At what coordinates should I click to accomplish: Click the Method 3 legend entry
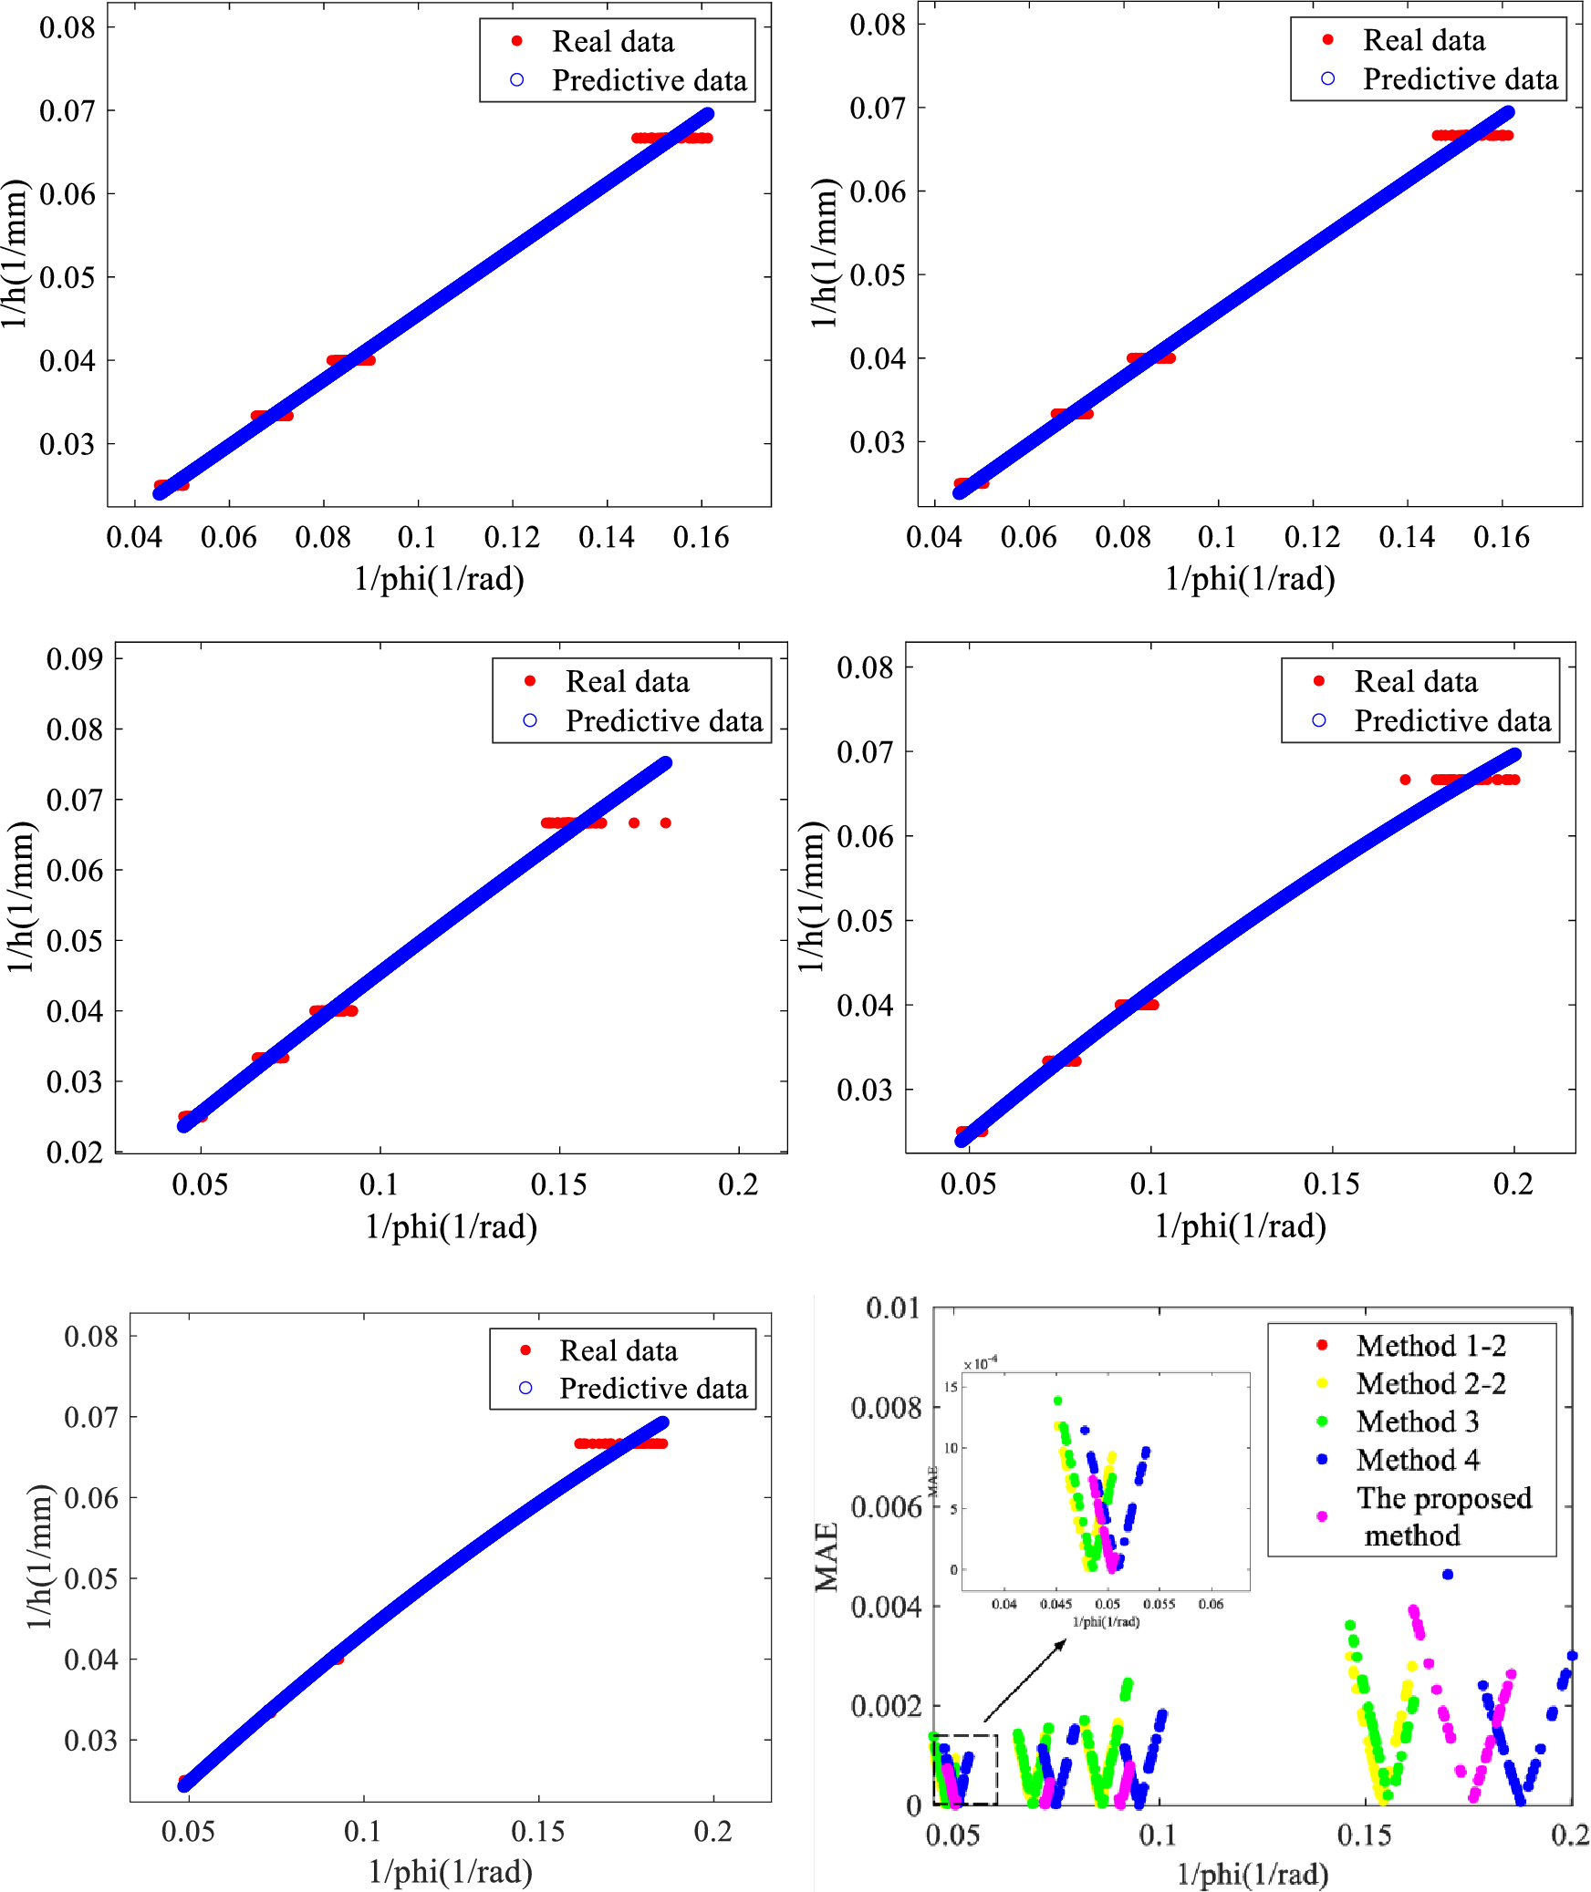pyautogui.click(x=1417, y=1422)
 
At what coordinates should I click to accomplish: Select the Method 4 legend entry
pyautogui.click(x=1417, y=1460)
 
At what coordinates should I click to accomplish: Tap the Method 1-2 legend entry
pyautogui.click(x=1430, y=1346)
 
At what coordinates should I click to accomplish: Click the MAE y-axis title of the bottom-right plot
pyautogui.click(x=827, y=1557)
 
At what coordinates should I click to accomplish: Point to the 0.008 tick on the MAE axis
pyautogui.click(x=886, y=1407)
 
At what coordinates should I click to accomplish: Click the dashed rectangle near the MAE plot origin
pyautogui.click(x=965, y=1769)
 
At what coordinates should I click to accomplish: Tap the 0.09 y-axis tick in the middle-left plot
pyautogui.click(x=74, y=659)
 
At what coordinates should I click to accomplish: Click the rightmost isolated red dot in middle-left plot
pyautogui.click(x=666, y=822)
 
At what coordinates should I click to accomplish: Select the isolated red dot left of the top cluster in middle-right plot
pyautogui.click(x=1405, y=780)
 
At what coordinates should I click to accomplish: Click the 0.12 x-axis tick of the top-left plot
pyautogui.click(x=512, y=537)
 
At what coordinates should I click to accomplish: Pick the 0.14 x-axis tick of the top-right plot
pyautogui.click(x=1407, y=537)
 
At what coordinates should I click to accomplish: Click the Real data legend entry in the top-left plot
pyautogui.click(x=612, y=42)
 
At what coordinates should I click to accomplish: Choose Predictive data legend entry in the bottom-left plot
pyautogui.click(x=652, y=1389)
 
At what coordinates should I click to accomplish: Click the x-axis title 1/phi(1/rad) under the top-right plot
pyautogui.click(x=1250, y=578)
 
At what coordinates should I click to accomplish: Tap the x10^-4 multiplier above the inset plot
pyautogui.click(x=981, y=1364)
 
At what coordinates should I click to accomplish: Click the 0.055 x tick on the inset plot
pyautogui.click(x=1159, y=1604)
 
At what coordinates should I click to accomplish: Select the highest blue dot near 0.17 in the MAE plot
pyautogui.click(x=1447, y=1574)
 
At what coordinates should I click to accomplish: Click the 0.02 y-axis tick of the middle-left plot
pyautogui.click(x=74, y=1153)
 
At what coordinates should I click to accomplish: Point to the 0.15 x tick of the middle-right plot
pyautogui.click(x=1331, y=1184)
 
